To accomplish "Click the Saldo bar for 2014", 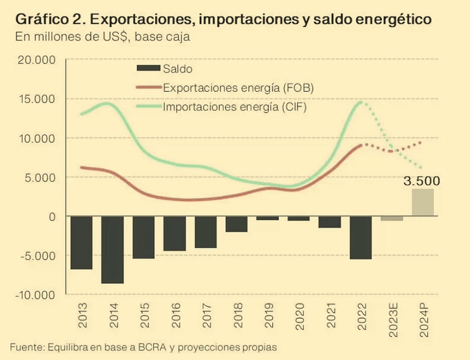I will click(112, 250).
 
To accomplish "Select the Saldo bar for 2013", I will click(81, 242).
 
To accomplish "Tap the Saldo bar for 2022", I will click(361, 238).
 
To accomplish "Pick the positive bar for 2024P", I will click(423, 202).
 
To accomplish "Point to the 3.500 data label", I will click(422, 181).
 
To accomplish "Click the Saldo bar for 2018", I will click(237, 224).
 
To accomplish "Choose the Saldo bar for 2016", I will click(174, 233).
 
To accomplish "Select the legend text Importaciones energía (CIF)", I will click(235, 107).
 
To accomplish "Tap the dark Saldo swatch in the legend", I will click(147, 69).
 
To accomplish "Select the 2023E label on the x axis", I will click(392, 316).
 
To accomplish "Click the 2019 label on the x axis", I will click(268, 316).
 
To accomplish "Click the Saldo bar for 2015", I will click(144, 238).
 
